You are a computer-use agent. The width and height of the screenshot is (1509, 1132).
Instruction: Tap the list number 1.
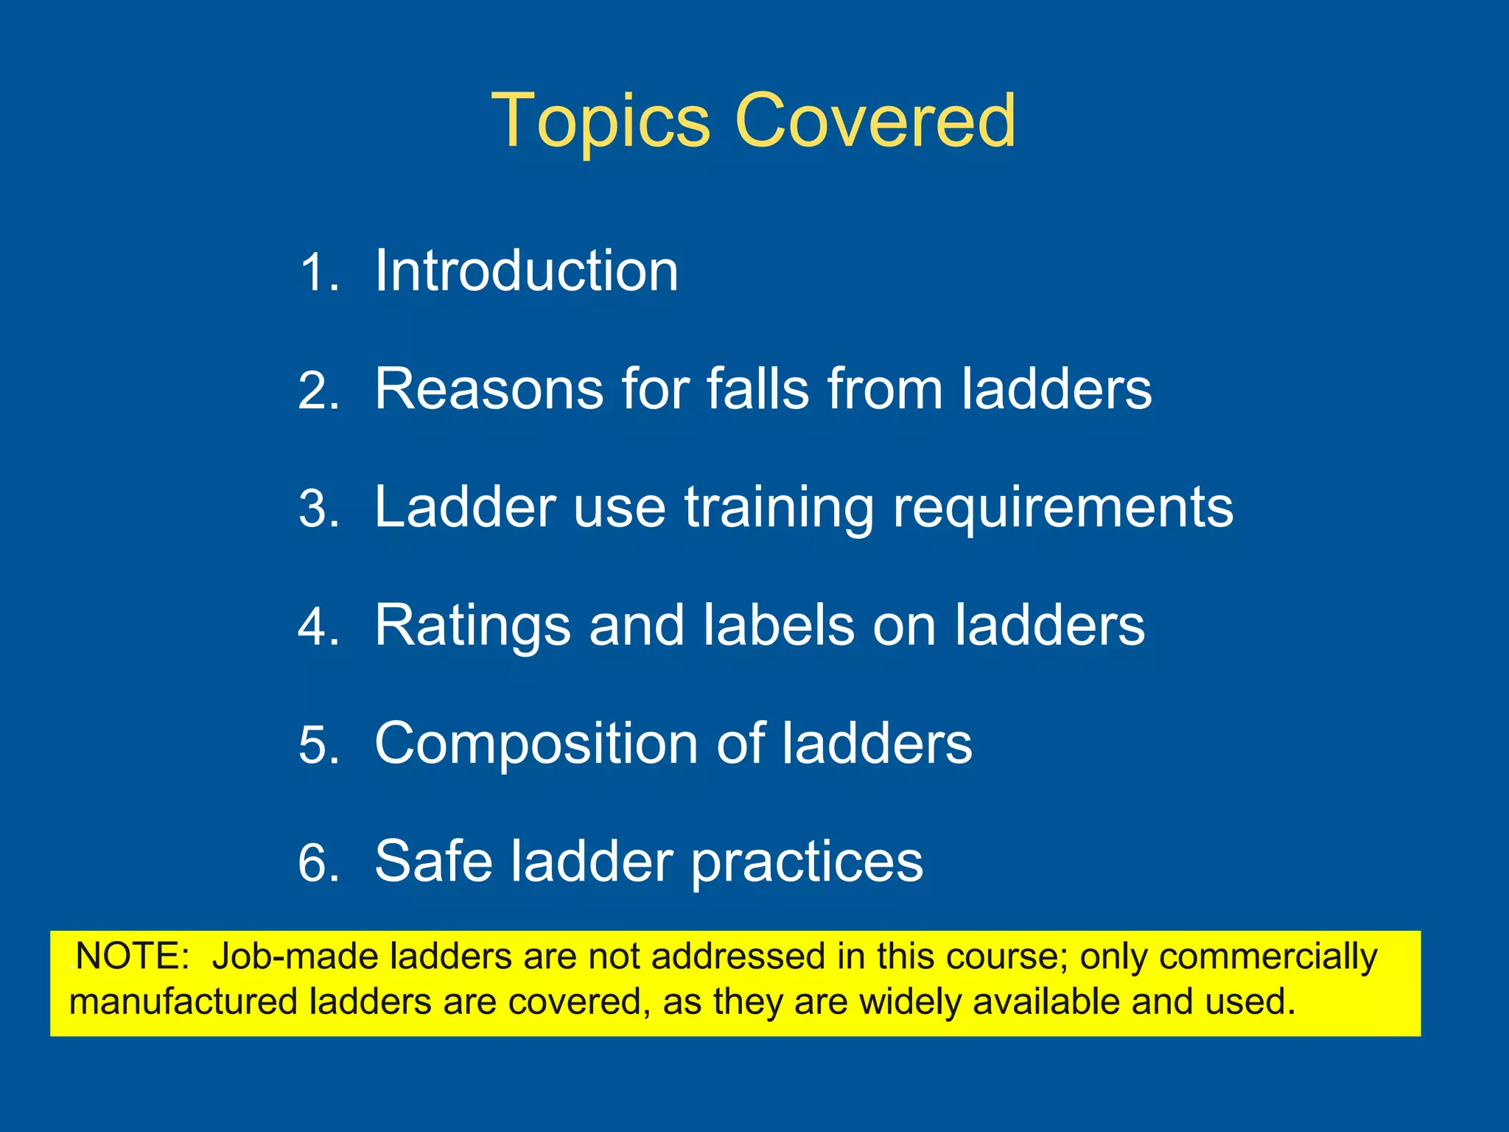point(318,273)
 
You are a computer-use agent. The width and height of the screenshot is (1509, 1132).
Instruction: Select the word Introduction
point(526,270)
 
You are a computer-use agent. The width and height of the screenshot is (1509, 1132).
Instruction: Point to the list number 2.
point(318,391)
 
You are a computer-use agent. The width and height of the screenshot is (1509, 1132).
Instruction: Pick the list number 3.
point(318,509)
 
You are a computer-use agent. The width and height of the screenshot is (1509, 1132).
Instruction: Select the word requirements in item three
point(1062,509)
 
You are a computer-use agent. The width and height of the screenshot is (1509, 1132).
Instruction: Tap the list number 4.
point(318,627)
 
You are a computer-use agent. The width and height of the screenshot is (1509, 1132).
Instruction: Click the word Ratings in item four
point(472,626)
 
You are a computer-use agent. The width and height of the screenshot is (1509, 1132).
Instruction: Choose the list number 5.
point(318,745)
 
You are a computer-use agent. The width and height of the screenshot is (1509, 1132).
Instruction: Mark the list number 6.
point(318,863)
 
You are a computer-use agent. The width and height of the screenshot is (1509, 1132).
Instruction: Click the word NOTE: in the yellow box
point(133,957)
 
